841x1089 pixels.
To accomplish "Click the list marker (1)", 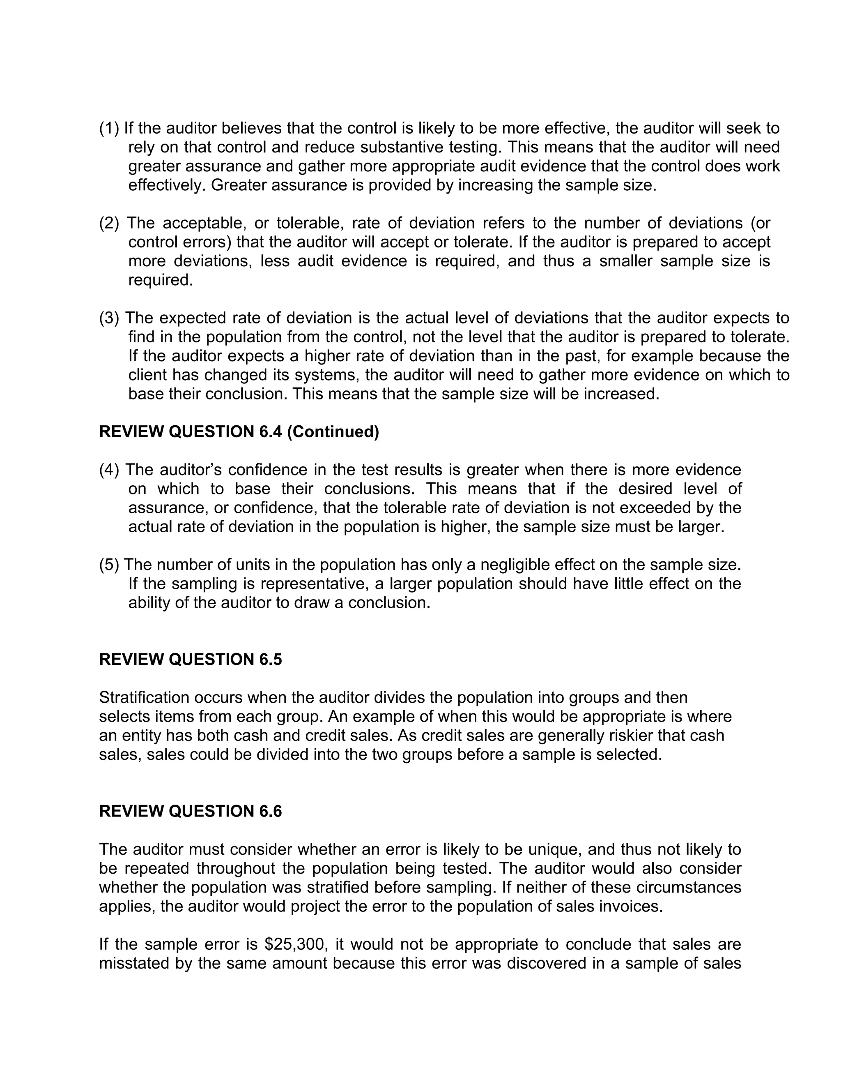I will [x=108, y=129].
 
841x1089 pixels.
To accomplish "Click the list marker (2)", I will [x=108, y=224].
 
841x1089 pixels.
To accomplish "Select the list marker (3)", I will [x=108, y=318].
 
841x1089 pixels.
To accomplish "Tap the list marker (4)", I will [x=108, y=470].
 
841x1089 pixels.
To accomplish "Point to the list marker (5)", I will [x=108, y=565].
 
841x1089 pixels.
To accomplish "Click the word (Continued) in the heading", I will [x=333, y=432].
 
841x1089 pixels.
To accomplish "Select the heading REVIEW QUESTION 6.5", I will [x=190, y=660].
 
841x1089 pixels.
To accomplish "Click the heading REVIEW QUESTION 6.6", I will [x=190, y=811].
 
